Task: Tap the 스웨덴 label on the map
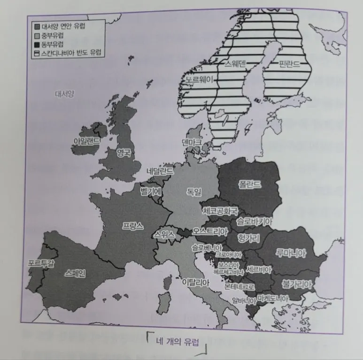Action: (235, 64)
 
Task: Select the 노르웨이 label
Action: (199, 80)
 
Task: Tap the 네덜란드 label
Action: (160, 171)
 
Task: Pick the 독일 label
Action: (193, 191)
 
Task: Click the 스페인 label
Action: (76, 273)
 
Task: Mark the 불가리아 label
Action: (297, 284)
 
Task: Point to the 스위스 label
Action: (164, 235)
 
